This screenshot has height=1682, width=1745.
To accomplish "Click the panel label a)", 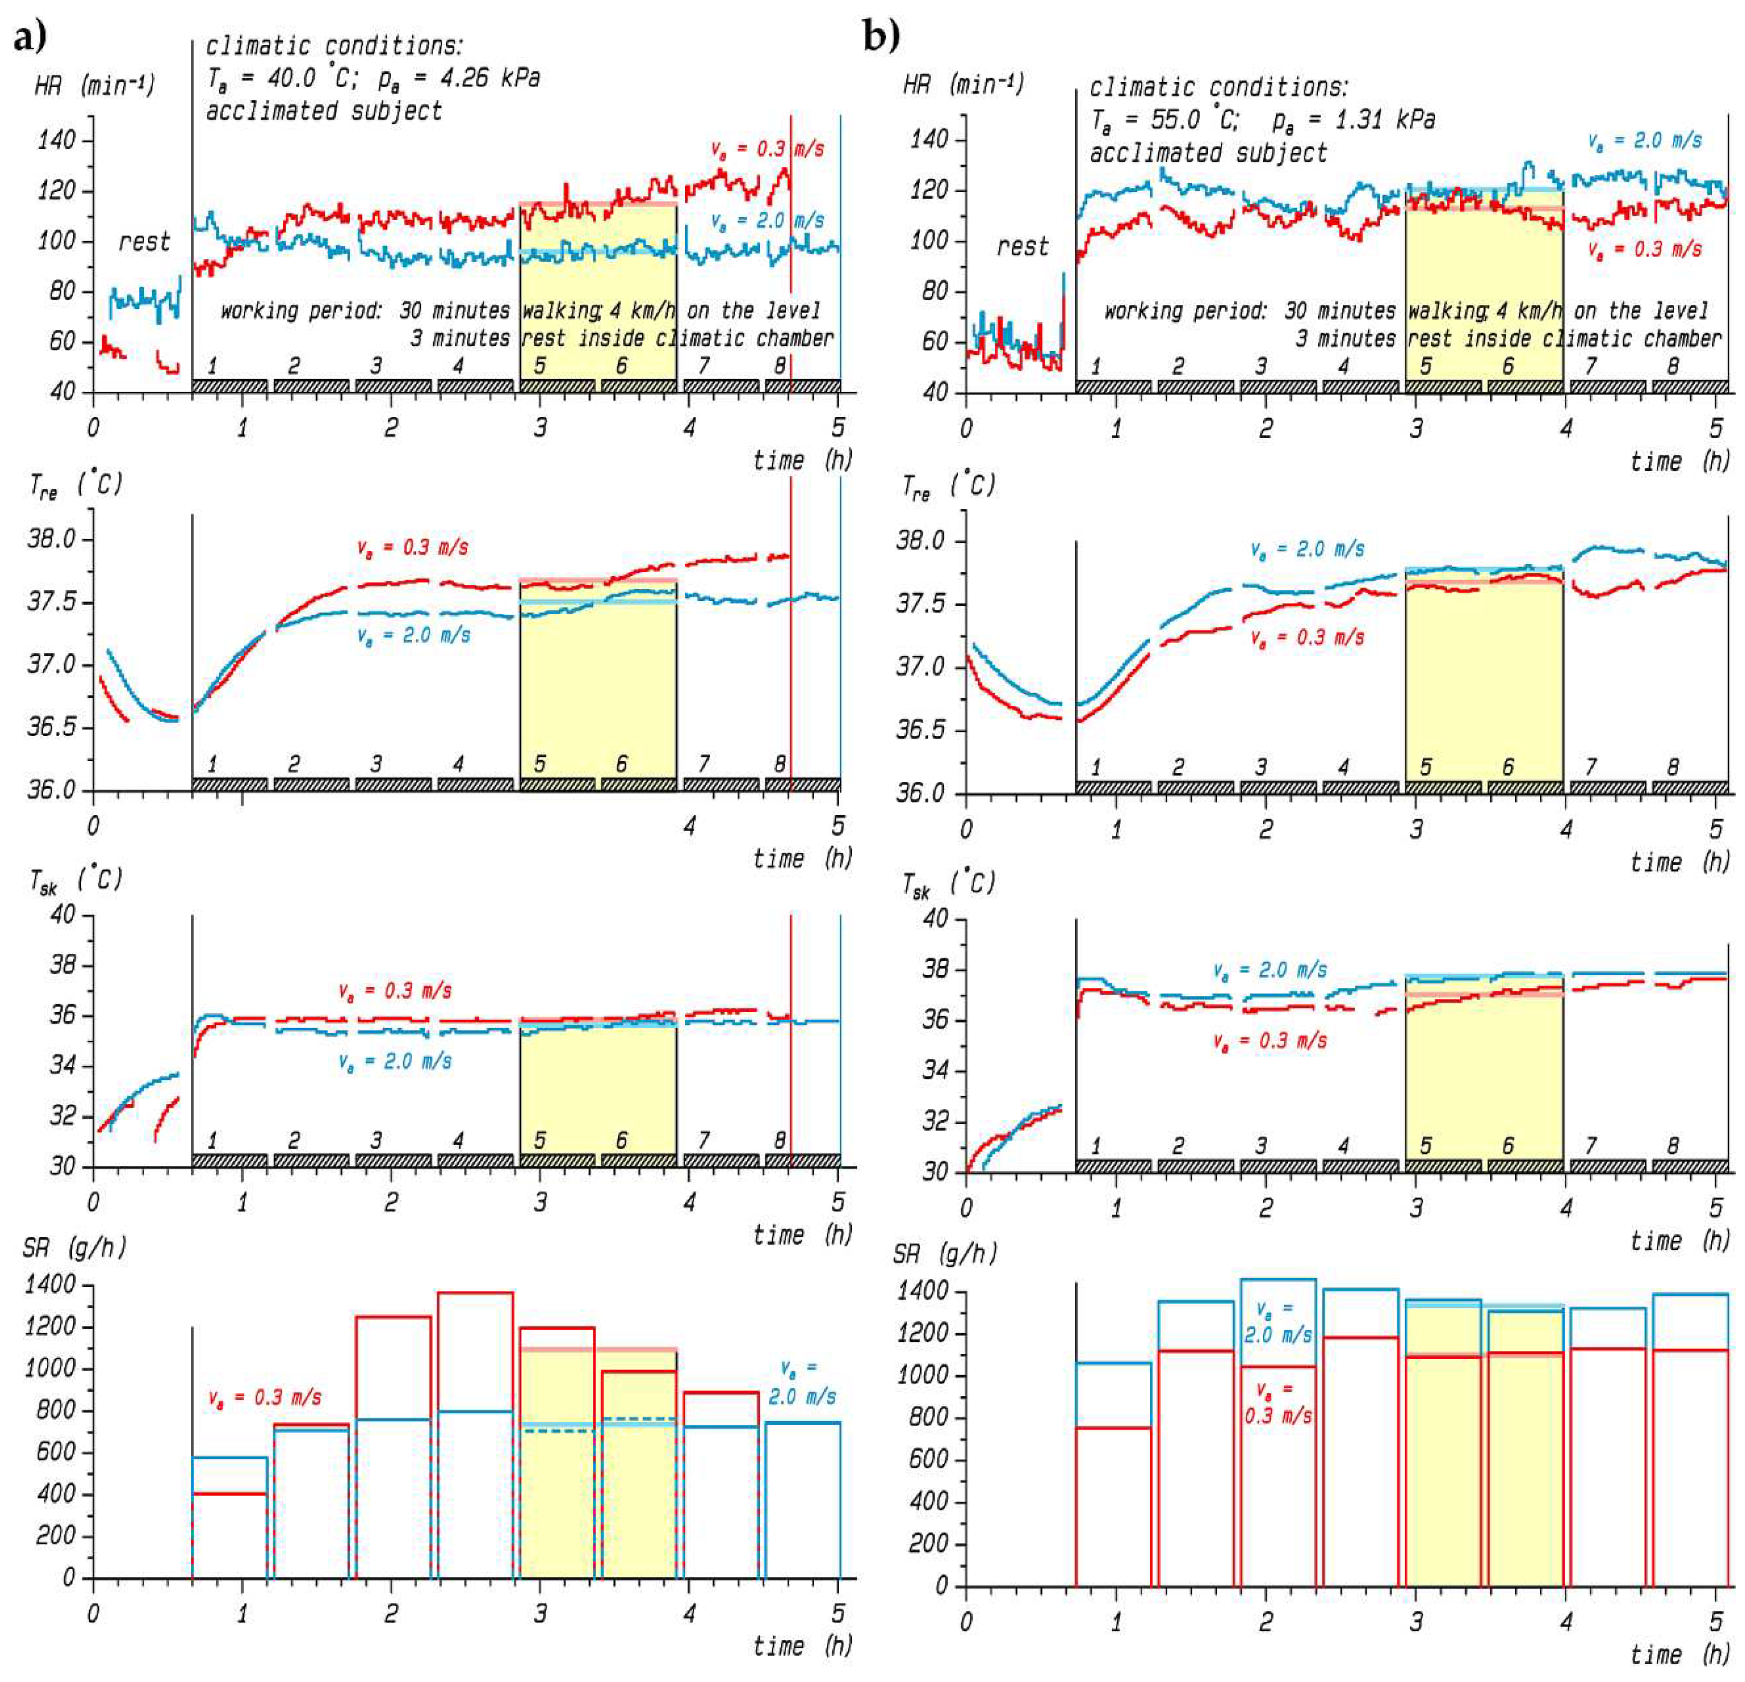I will pyautogui.click(x=28, y=38).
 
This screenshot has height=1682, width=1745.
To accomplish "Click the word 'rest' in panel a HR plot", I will pyautogui.click(x=144, y=242).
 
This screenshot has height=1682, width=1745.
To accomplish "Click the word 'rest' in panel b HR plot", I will pyautogui.click(x=1021, y=247).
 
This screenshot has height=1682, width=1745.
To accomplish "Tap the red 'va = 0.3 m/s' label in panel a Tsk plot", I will pyautogui.click(x=395, y=990).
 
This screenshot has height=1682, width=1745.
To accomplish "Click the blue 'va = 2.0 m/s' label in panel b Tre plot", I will pyautogui.click(x=1306, y=549).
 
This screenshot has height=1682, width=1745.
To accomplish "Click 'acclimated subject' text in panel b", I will pyautogui.click(x=1207, y=153).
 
